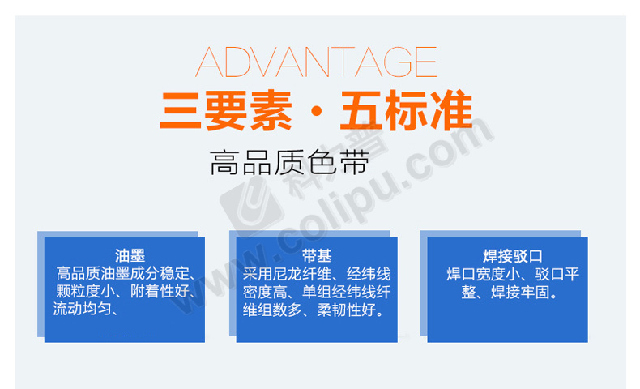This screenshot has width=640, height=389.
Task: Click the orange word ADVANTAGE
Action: point(316,62)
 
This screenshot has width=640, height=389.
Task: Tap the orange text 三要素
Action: point(226,110)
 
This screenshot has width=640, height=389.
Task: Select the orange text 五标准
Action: point(407,110)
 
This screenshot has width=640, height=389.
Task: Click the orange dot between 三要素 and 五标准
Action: point(316,111)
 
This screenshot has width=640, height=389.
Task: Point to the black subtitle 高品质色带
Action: point(290,162)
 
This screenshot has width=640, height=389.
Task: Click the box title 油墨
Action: point(130,256)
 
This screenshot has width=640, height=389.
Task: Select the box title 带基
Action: point(317,256)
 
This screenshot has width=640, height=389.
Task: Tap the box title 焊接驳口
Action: point(513,256)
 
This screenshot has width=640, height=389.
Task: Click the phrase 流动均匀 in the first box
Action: point(83,309)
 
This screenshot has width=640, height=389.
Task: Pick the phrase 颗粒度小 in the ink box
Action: point(85,291)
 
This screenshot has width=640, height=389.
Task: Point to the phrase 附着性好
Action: point(160,291)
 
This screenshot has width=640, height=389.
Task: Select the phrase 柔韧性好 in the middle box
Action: point(347,310)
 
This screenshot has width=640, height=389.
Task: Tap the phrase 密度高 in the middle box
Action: point(265,292)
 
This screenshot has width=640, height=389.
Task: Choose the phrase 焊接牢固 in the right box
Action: point(520,293)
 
